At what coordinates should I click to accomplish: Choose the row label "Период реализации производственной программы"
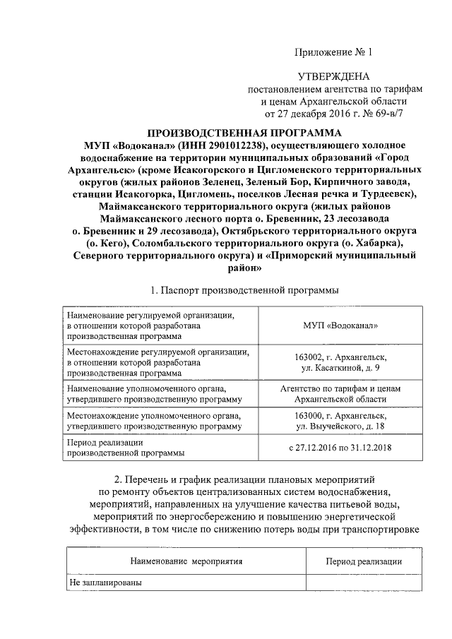click(x=125, y=448)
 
